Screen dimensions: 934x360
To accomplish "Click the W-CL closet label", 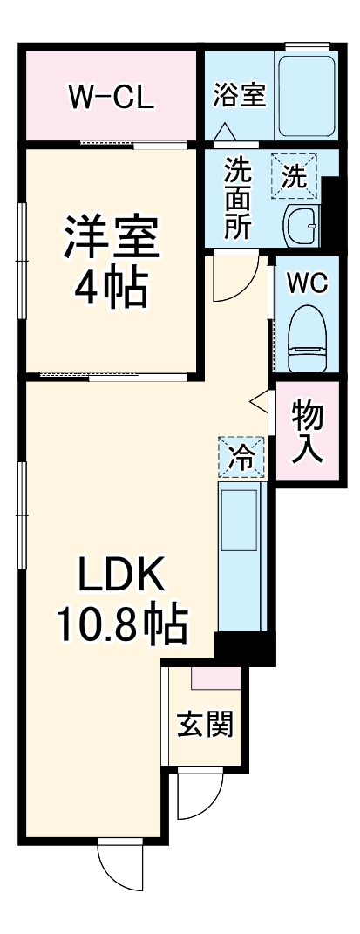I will [111, 96].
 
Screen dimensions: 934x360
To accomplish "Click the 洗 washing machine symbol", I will [295, 176].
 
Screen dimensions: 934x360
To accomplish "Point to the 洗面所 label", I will [237, 197].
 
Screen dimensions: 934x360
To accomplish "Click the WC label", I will [308, 283].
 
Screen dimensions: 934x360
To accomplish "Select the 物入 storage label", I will [308, 431].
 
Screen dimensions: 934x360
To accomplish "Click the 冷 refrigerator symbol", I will [241, 456].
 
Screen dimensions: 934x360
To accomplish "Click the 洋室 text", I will [111, 237].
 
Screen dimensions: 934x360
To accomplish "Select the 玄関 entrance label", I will [206, 724].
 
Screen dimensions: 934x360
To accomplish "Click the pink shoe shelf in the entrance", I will [216, 675].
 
